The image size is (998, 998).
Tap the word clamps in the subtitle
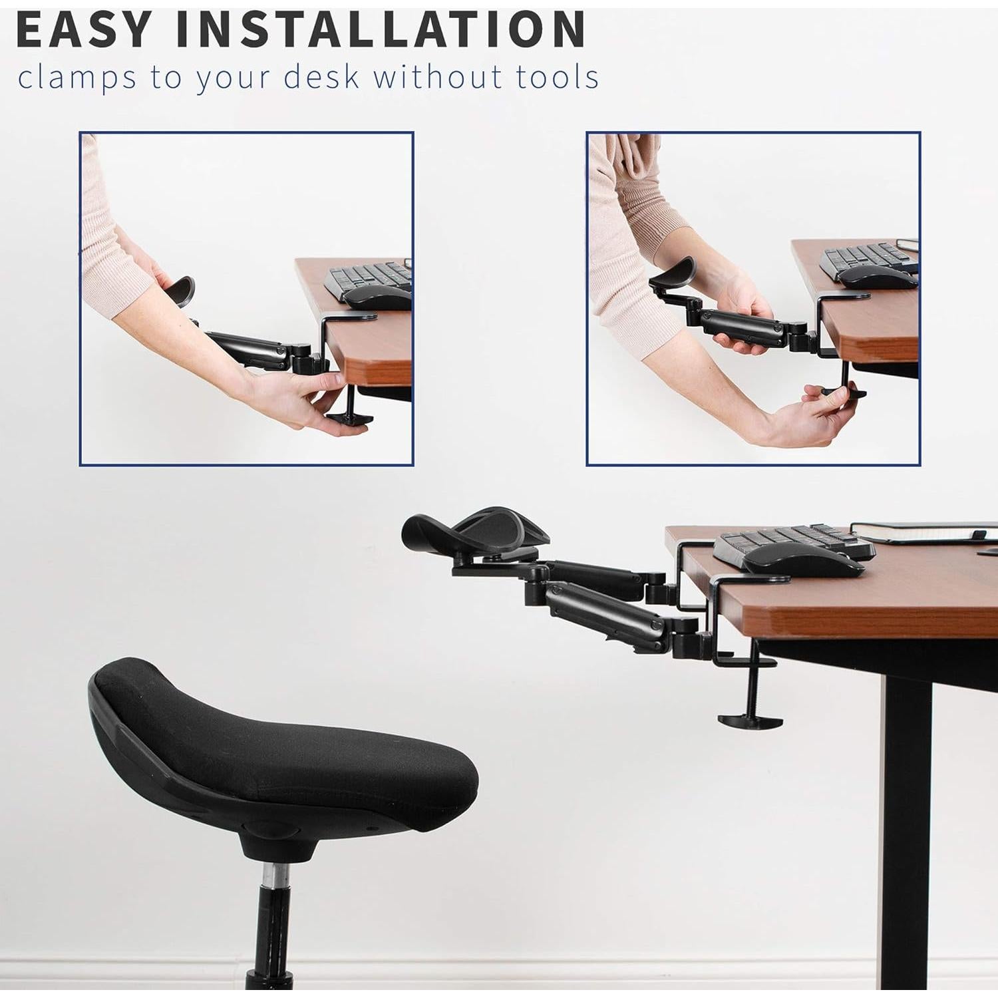coord(77,78)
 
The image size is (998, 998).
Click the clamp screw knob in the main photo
coord(750,720)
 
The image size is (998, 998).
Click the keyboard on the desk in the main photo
coord(792,539)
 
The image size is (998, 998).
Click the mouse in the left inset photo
coord(376,296)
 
